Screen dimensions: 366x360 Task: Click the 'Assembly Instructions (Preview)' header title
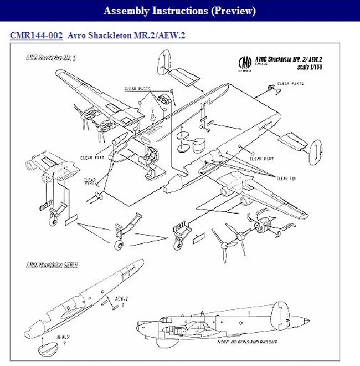(179, 11)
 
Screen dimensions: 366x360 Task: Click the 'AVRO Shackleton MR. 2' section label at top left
(51, 58)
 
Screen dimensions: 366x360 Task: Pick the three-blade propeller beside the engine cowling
(225, 240)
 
